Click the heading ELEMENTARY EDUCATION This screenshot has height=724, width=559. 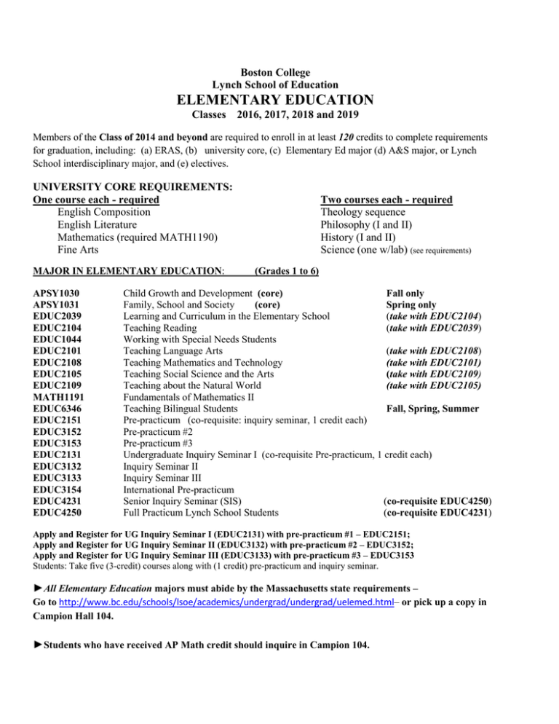pos(279,99)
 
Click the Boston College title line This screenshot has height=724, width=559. pos(279,71)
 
